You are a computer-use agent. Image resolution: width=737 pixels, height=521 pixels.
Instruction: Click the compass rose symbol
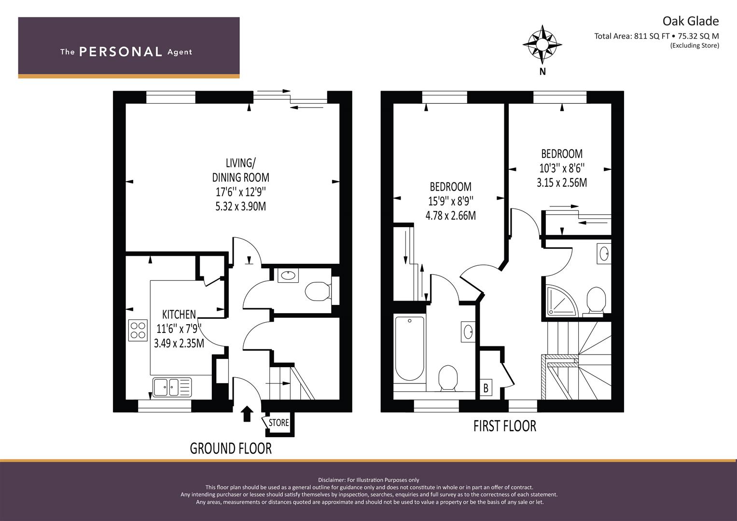[542, 44]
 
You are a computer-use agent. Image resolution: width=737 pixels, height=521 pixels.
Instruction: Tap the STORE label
[278, 423]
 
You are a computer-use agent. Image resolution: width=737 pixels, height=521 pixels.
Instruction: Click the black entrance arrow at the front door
[247, 414]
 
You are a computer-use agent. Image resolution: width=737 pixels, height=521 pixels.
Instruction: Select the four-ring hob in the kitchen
[138, 330]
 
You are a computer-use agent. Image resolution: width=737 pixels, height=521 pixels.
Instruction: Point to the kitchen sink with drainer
[172, 387]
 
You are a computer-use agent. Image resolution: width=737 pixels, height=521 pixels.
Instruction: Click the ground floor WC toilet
[318, 291]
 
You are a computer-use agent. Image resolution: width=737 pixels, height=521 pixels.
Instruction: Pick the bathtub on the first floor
[410, 349]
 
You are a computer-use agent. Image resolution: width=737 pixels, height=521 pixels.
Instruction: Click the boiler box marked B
[486, 388]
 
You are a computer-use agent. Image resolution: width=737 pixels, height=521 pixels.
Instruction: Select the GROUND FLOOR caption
[231, 449]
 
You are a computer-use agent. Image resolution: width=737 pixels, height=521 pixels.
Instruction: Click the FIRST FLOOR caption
[505, 426]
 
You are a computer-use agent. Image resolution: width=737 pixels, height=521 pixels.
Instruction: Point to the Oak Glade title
[691, 21]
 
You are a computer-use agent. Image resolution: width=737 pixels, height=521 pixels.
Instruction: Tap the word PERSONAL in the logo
[121, 52]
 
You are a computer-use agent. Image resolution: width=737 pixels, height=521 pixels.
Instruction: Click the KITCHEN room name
[179, 315]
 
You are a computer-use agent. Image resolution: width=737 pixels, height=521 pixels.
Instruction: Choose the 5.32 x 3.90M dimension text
[240, 206]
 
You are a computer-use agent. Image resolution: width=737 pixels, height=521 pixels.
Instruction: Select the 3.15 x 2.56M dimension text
[562, 182]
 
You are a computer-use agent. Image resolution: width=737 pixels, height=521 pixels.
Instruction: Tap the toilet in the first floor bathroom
[448, 378]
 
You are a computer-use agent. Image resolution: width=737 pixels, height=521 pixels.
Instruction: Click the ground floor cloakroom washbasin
[288, 275]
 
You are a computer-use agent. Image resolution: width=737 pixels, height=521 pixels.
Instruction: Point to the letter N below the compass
[542, 71]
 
